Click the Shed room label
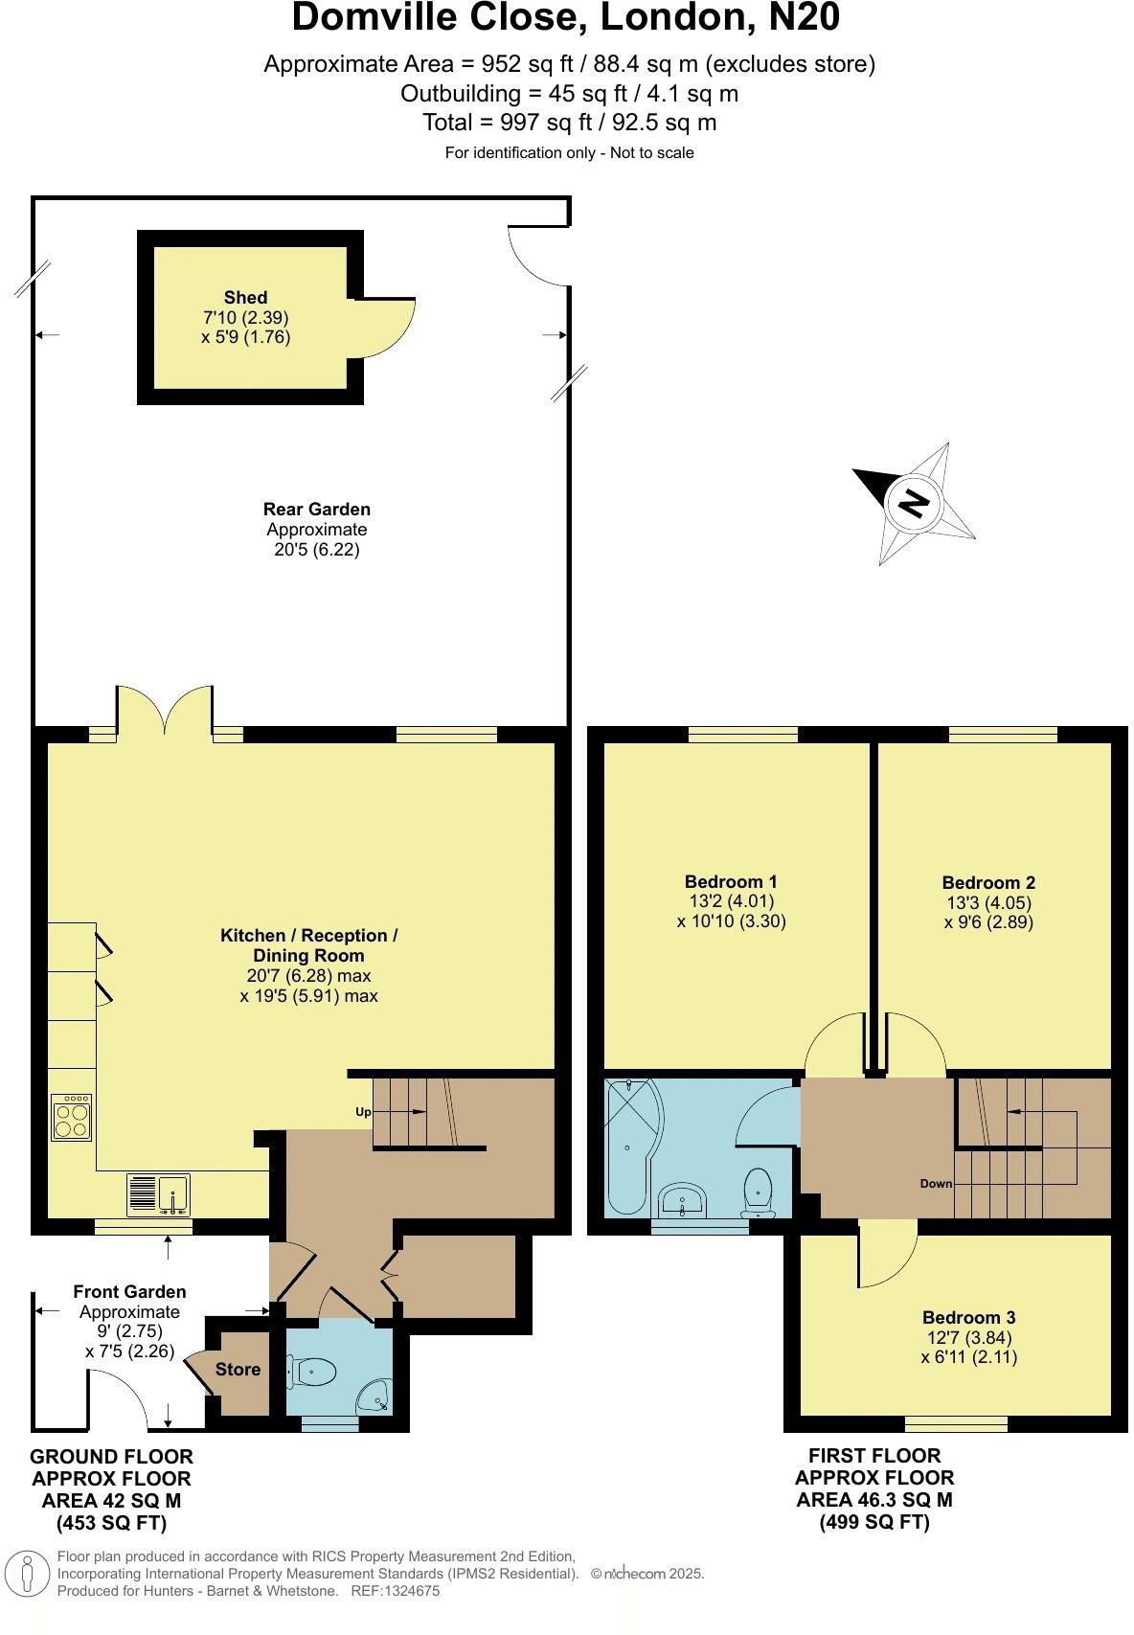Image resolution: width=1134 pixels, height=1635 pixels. pyautogui.click(x=245, y=298)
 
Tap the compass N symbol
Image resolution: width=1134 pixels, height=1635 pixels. pyautogui.click(x=915, y=502)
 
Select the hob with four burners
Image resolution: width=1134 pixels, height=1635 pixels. pyautogui.click(x=72, y=1117)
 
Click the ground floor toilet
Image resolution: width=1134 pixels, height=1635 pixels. pyautogui.click(x=315, y=1373)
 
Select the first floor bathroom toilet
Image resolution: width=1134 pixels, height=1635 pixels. pyautogui.click(x=759, y=1192)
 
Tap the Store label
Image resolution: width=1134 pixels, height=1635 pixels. pyautogui.click(x=238, y=1369)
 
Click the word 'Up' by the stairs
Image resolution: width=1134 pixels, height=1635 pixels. pyautogui.click(x=363, y=1112)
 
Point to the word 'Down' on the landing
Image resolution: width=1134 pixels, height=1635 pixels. pyautogui.click(x=936, y=1183)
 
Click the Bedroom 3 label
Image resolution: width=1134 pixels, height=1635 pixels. pyautogui.click(x=968, y=1317)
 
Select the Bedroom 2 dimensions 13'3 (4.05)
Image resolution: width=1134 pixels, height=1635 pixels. pyautogui.click(x=988, y=902)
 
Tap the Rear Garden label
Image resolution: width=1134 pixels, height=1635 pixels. pyautogui.click(x=317, y=510)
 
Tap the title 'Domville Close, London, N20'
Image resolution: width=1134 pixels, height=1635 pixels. pyautogui.click(x=566, y=17)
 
